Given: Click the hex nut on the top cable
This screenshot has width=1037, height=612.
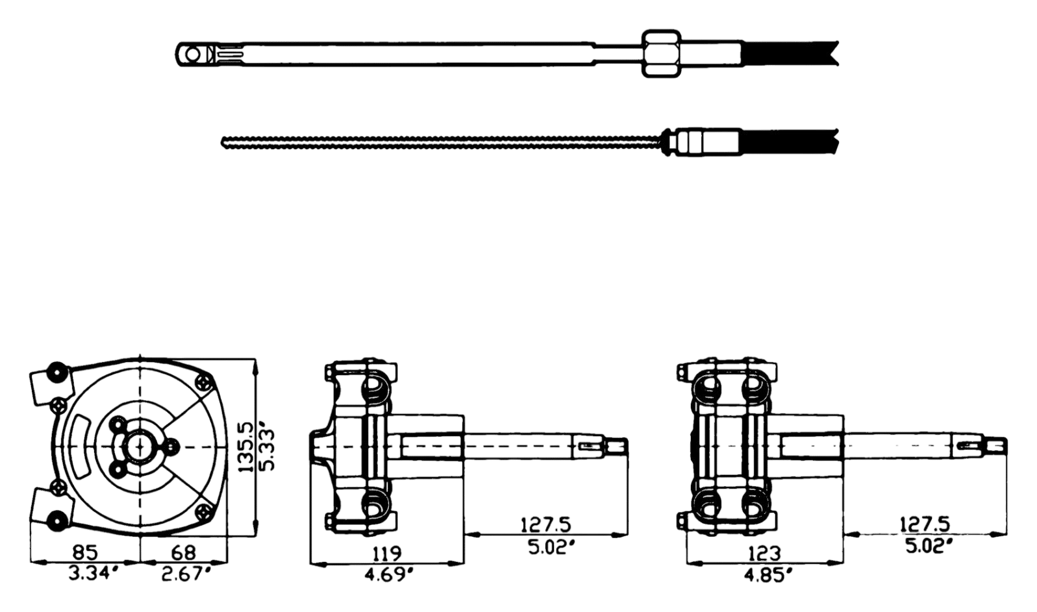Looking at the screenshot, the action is [661, 54].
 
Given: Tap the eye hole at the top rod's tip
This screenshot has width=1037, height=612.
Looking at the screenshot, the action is [193, 55].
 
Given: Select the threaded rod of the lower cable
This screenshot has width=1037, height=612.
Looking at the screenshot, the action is [442, 142].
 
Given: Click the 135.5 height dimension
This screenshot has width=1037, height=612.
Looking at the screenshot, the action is [247, 447].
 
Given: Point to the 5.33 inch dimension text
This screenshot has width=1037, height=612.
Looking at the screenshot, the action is [267, 449].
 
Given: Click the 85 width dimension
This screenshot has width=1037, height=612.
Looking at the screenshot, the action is [86, 552].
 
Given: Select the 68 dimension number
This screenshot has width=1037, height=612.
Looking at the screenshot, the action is [183, 552].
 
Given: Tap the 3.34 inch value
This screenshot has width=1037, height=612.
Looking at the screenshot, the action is [91, 574].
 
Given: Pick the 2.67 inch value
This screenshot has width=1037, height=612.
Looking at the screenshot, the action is [186, 574].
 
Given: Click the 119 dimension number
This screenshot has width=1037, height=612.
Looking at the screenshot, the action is [386, 553].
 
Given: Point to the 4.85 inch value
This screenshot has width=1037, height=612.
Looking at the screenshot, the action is [767, 576].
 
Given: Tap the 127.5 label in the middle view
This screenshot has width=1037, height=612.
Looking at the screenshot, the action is [546, 525].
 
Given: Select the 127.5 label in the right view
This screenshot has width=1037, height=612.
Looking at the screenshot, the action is [925, 524].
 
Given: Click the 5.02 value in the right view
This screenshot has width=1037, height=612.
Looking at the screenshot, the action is [929, 546].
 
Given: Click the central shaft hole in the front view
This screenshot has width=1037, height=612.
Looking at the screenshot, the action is [139, 447].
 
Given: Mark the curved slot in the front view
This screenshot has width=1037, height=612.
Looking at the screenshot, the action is [82, 447].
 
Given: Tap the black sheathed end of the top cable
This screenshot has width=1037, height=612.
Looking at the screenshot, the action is [791, 54].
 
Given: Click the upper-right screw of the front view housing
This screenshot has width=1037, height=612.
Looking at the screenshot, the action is [204, 383].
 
